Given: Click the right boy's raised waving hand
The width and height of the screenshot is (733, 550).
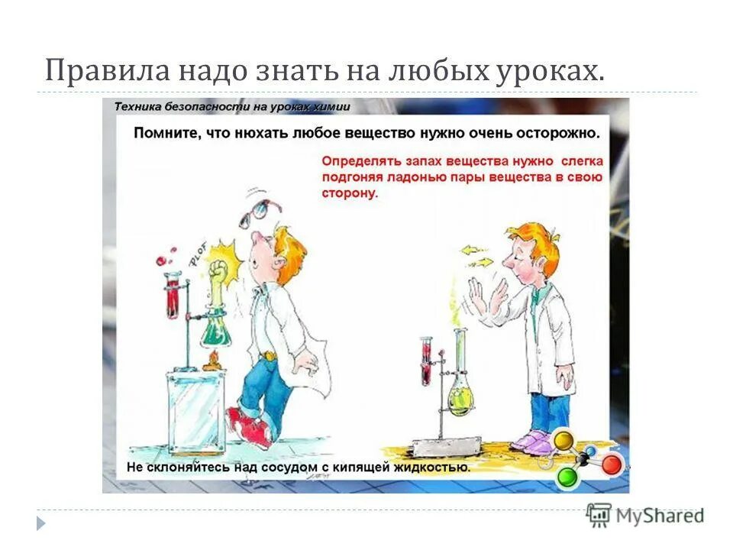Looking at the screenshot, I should [x=480, y=298].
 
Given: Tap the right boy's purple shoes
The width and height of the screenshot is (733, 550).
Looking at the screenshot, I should [x=532, y=440].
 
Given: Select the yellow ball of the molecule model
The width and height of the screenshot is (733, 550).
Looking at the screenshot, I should [x=563, y=440].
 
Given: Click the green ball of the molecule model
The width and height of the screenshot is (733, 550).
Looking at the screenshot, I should [x=566, y=477].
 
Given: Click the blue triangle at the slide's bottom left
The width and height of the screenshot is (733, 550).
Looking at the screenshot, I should [x=41, y=523].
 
